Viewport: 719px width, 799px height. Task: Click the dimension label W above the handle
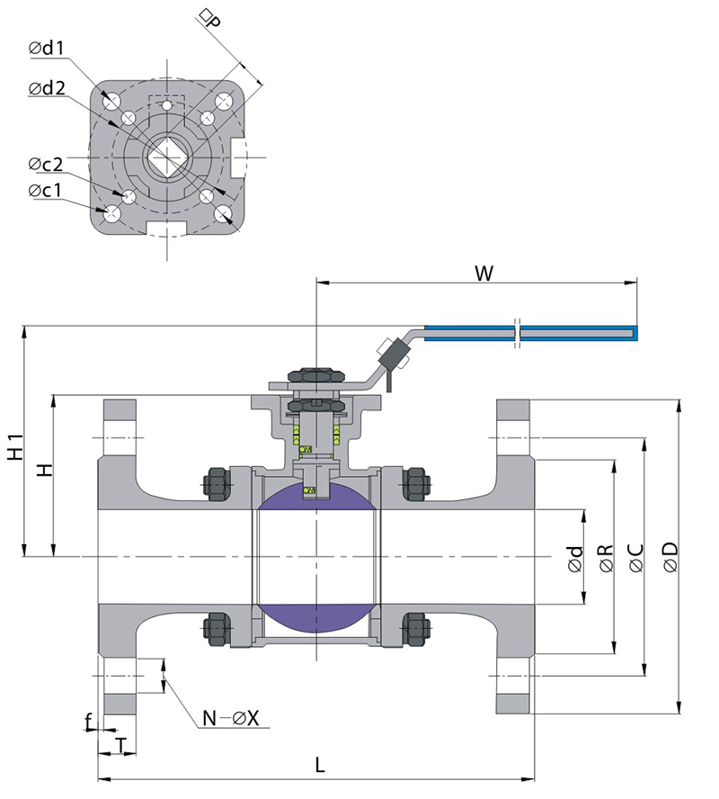[484, 274]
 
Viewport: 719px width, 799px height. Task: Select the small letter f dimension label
[88, 722]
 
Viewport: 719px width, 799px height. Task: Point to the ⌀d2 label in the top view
[47, 88]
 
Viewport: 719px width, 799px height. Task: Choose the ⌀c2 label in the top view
[46, 164]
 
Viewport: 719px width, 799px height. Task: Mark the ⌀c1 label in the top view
[46, 191]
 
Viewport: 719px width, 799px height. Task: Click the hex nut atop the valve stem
[311, 373]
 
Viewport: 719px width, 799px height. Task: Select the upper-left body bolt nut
[218, 483]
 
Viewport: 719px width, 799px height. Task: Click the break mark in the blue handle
[518, 332]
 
